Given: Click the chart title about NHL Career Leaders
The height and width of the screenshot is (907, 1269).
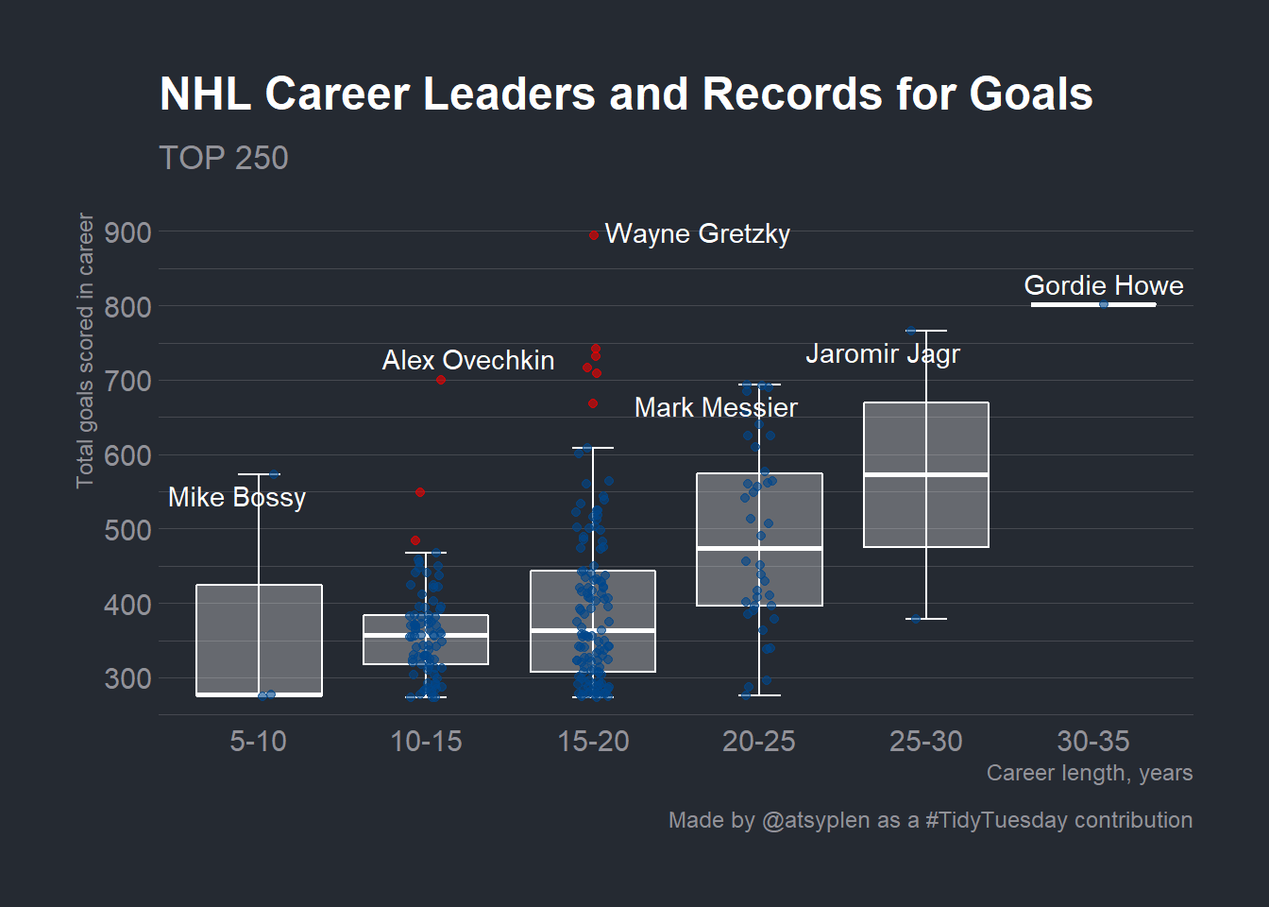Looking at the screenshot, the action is point(626,94).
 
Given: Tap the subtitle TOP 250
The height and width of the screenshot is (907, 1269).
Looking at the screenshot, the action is point(224,158).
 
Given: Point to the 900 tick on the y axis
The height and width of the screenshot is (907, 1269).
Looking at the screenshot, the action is point(128,233).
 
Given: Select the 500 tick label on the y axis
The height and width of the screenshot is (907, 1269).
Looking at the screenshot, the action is point(128,531).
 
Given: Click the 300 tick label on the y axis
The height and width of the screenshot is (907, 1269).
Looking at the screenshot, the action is point(128,679).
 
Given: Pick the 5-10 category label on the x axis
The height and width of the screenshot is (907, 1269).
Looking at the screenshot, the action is point(259,742).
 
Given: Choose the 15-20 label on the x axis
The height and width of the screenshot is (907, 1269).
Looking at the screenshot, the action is point(593,742).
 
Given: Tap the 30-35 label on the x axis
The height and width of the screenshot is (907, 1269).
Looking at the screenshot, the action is point(1093,742).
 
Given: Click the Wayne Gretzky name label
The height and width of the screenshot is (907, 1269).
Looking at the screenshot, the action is point(698,234).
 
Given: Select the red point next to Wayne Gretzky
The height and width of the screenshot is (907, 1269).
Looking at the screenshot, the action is point(594,235).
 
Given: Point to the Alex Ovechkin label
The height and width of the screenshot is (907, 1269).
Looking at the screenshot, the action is point(468,361).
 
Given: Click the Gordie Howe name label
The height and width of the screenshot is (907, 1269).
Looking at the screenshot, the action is point(1104,285).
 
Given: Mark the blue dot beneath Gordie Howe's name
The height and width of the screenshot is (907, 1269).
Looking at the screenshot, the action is point(1104,304).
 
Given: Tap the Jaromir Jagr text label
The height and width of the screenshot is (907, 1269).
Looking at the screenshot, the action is point(883,354).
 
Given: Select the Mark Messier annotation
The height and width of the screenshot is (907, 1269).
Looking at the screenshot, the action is point(716,407).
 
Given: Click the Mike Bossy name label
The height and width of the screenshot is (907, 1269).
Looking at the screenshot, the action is point(237,498).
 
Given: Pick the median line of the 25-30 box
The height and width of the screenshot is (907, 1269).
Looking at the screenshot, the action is point(926,474).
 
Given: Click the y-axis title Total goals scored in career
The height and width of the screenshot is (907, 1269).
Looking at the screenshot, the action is point(84,351).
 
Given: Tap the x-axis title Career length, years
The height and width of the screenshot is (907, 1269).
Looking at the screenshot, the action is point(1090,773).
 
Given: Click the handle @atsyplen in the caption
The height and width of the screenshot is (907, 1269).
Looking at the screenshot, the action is point(816,821).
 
